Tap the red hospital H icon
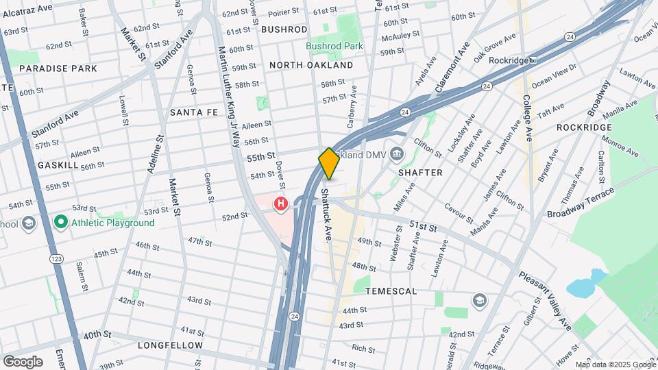(x=280, y=203)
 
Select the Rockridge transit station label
(x=509, y=60)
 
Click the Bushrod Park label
(x=334, y=47)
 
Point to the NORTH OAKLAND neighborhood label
(x=311, y=65)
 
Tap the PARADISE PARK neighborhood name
(x=58, y=69)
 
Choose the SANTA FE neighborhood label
(x=193, y=112)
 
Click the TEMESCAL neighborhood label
(x=391, y=291)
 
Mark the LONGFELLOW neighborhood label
(x=170, y=345)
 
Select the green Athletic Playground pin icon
(x=61, y=222)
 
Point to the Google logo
(x=22, y=362)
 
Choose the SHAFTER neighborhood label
(x=420, y=173)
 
